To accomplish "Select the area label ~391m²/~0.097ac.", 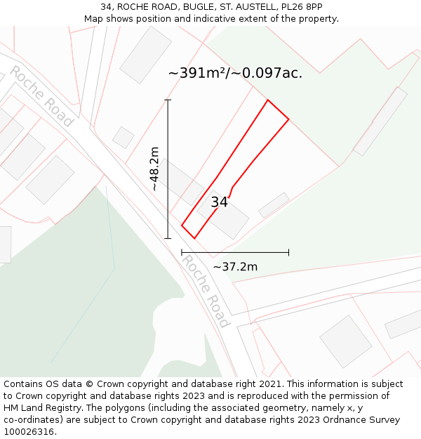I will pos(235,73).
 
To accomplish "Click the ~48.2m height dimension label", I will pos(154,169).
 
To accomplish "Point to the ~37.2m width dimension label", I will pos(235,266).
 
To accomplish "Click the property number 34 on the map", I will pos(219,202).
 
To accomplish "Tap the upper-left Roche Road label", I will pos(41,96).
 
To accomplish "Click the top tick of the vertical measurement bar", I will pos(168,100).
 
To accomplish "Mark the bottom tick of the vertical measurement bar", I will pos(168,238).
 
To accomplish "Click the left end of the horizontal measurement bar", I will pos(182,252).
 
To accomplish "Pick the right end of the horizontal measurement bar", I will pos(288,252).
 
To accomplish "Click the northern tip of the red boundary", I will pos(267,100).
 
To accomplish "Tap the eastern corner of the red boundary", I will pos(288,119).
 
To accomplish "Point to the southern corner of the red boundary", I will pos(194,238).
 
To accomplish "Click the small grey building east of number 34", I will pos(274,205).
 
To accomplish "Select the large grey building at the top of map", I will pos(146,55).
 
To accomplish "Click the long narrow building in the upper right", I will pos(380,121).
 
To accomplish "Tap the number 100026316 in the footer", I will pos(29,431).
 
